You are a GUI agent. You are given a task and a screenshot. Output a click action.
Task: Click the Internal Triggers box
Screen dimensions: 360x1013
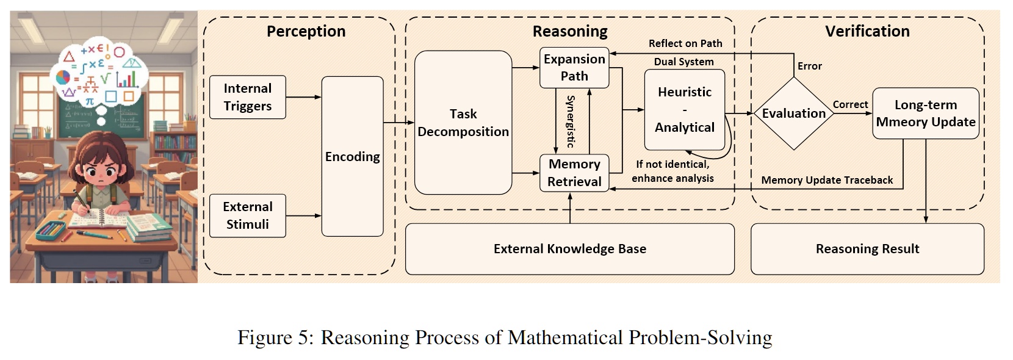(x=247, y=97)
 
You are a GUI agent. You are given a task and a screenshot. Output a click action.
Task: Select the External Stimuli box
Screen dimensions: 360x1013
(x=247, y=215)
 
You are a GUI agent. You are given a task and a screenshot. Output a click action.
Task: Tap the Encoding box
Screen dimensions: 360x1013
(x=352, y=156)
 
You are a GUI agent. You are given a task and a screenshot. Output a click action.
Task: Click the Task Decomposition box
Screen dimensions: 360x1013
(x=463, y=123)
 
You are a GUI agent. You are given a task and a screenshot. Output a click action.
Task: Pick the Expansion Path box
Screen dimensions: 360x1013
(x=574, y=67)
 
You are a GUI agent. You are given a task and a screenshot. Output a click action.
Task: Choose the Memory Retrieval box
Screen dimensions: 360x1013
(x=574, y=173)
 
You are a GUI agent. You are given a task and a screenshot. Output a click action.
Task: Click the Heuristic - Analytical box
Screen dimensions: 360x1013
(x=684, y=110)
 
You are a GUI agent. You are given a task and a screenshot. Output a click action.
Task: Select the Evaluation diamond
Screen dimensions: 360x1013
(x=793, y=113)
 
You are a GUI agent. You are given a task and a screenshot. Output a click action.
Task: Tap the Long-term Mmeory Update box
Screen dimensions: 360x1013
(x=925, y=113)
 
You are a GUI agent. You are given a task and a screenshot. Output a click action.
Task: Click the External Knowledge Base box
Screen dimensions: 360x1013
(x=569, y=249)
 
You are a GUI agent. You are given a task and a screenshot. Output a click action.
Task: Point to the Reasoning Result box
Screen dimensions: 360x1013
(x=867, y=249)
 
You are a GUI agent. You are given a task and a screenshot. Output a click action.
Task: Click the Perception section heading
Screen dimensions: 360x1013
(x=306, y=32)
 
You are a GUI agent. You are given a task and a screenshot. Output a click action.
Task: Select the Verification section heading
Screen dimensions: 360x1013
(x=867, y=32)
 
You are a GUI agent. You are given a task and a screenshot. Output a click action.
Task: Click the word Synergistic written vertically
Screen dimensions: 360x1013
(x=571, y=121)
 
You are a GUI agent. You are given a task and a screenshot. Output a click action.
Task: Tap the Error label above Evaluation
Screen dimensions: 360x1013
(x=810, y=66)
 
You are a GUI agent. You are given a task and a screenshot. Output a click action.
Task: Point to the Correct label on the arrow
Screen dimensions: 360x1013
(x=850, y=105)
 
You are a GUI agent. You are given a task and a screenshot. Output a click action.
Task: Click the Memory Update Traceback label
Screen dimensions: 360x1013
(x=827, y=180)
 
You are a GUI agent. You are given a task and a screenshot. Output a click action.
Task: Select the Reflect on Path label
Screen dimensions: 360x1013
(x=685, y=43)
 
